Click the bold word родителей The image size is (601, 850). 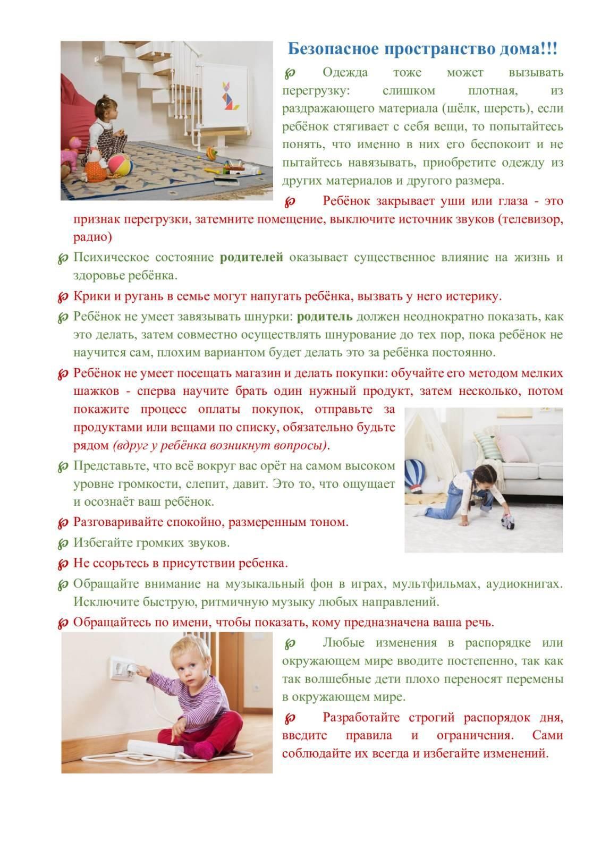pyautogui.click(x=251, y=258)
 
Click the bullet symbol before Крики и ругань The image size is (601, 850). pyautogui.click(x=63, y=296)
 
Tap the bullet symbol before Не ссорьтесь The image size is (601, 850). pyautogui.click(x=63, y=563)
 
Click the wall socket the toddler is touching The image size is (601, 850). pyautogui.click(x=123, y=668)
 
